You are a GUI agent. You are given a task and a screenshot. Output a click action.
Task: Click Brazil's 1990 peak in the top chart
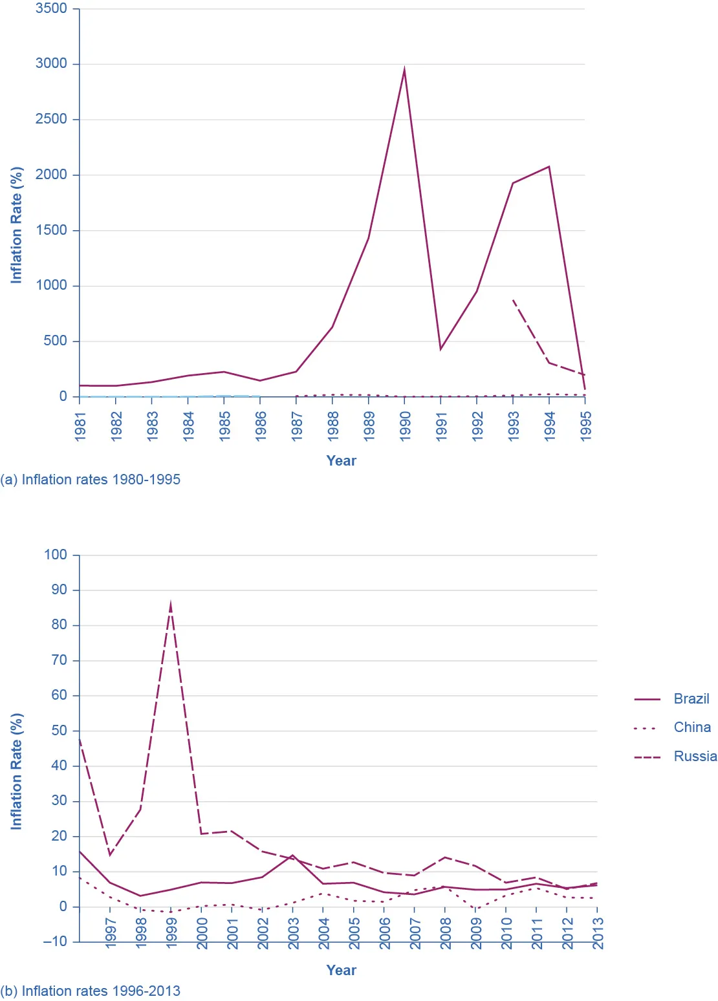click(x=404, y=70)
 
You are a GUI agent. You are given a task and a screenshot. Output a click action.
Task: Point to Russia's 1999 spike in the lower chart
click(x=170, y=605)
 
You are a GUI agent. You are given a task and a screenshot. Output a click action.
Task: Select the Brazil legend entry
click(x=691, y=699)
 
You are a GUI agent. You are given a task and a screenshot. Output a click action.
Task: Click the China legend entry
click(x=691, y=727)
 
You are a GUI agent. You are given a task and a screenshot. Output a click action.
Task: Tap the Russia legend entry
click(x=695, y=757)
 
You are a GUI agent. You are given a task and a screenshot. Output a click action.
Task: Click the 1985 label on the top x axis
click(x=224, y=426)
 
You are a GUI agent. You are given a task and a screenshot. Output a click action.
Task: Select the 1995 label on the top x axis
click(x=585, y=426)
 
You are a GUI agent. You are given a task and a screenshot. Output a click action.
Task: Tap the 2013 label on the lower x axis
click(x=598, y=933)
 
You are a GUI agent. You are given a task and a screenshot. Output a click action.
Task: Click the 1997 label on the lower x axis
click(x=111, y=933)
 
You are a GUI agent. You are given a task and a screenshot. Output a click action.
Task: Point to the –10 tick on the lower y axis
click(x=55, y=942)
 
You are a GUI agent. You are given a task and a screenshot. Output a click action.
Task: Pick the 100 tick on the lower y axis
click(x=55, y=555)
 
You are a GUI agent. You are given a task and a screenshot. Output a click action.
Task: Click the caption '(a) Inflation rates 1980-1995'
click(x=91, y=480)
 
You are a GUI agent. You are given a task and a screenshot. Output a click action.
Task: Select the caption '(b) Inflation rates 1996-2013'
click(x=91, y=991)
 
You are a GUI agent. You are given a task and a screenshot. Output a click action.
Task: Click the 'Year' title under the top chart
click(x=341, y=461)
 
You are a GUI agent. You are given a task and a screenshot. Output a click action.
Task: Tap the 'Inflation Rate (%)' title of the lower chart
click(x=16, y=771)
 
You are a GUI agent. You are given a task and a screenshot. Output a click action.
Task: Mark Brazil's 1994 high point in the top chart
click(x=549, y=167)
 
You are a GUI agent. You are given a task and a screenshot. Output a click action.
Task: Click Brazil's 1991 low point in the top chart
click(x=441, y=349)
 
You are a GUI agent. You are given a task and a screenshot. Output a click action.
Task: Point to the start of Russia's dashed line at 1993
click(x=513, y=300)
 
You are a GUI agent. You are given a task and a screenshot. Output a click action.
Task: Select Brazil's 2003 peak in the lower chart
click(x=292, y=856)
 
